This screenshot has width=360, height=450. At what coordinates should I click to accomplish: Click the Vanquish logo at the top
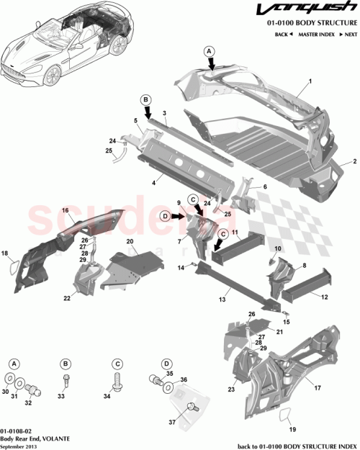coord(317,11)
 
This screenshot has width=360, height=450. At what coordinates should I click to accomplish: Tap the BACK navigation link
coord(282,35)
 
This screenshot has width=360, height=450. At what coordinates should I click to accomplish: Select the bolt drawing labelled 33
coord(66,378)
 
